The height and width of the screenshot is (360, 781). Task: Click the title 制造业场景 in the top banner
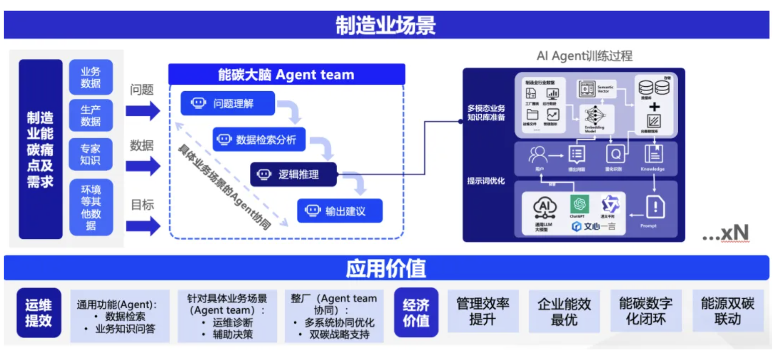click(x=386, y=25)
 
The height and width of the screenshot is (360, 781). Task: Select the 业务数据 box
click(x=91, y=77)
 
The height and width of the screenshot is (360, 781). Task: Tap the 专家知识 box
click(x=91, y=155)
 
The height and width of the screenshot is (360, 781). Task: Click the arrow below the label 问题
click(x=143, y=110)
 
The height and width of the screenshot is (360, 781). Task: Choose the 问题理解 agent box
click(x=227, y=103)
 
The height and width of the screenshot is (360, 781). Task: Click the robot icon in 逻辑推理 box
click(x=264, y=175)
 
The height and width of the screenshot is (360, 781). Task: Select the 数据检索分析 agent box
click(x=259, y=140)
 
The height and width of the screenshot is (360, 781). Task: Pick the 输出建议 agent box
click(x=340, y=211)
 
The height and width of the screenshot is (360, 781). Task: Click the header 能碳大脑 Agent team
click(x=286, y=75)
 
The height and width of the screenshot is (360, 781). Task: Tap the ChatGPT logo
click(x=579, y=204)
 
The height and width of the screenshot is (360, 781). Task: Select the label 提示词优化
click(x=486, y=181)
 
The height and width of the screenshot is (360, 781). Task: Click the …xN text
click(x=725, y=233)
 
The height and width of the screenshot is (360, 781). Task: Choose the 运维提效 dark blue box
click(x=39, y=313)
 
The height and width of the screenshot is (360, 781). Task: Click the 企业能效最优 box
click(x=564, y=312)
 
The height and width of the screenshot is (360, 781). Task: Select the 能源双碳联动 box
click(x=728, y=311)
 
